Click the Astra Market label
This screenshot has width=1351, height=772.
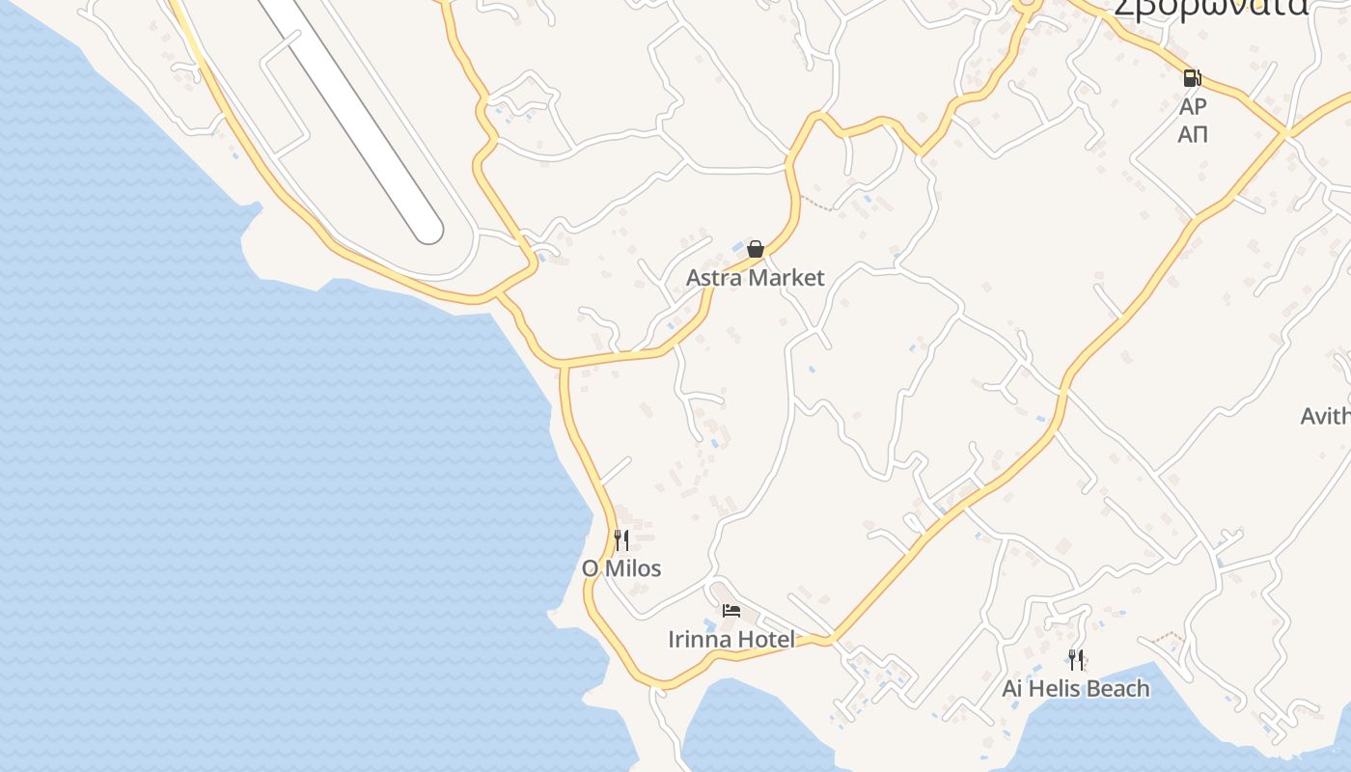[x=755, y=278]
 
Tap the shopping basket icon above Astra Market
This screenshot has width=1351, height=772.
[x=756, y=249]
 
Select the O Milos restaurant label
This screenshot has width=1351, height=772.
[x=621, y=568]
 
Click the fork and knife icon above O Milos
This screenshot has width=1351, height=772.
[x=621, y=540]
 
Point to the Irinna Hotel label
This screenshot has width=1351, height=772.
[x=731, y=639]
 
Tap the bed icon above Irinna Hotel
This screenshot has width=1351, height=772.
[x=731, y=610]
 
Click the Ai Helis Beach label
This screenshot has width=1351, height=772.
[x=1076, y=689]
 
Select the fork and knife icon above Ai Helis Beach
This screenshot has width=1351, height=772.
[x=1076, y=660]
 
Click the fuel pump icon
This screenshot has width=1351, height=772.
[x=1193, y=78]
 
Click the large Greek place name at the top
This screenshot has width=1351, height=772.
[x=1211, y=8]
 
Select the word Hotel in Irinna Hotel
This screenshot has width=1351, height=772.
[x=765, y=639]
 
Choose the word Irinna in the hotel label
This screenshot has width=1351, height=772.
[x=698, y=639]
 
